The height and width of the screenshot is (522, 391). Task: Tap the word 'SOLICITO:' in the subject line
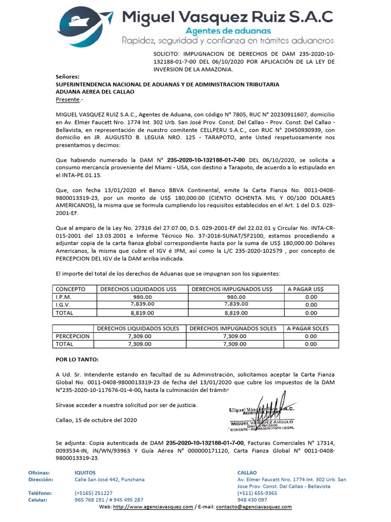coord(166,54)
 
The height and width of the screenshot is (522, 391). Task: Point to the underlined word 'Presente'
coord(67,99)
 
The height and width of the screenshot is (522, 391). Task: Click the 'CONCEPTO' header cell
coord(70,289)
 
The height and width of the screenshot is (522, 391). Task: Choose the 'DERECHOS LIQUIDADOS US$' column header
coord(138,289)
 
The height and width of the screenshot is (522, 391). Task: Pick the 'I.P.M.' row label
coord(64,297)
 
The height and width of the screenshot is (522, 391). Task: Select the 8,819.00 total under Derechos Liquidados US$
coord(142,312)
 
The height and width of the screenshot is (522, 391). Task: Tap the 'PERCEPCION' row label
coord(72,336)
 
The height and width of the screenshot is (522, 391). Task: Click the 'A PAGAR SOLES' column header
coord(308,328)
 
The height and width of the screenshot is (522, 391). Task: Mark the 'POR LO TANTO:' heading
coord(77,359)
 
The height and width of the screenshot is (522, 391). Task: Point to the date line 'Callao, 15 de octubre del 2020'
coord(96,420)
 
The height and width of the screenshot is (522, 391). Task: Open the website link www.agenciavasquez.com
coord(153,507)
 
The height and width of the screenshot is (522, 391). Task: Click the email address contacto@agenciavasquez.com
coord(254,507)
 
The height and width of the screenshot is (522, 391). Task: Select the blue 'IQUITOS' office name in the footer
coord(85,473)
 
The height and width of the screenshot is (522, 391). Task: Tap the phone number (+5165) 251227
coord(94,493)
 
